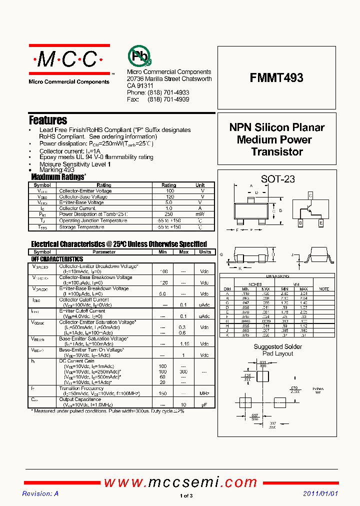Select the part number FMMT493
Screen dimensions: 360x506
(276, 78)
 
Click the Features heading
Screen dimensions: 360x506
(48, 120)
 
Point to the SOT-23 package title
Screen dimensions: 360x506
(278, 179)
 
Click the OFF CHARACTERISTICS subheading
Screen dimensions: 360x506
(57, 259)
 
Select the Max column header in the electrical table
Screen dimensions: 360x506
(183, 252)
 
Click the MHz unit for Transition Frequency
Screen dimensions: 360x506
(204, 393)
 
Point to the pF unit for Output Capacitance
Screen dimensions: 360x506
(204, 404)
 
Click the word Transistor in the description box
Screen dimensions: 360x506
(276, 152)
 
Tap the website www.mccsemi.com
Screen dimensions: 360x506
(180, 482)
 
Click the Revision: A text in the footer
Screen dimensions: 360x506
(40, 493)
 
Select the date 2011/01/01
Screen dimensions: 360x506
(320, 493)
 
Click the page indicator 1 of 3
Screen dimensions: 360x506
(185, 496)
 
